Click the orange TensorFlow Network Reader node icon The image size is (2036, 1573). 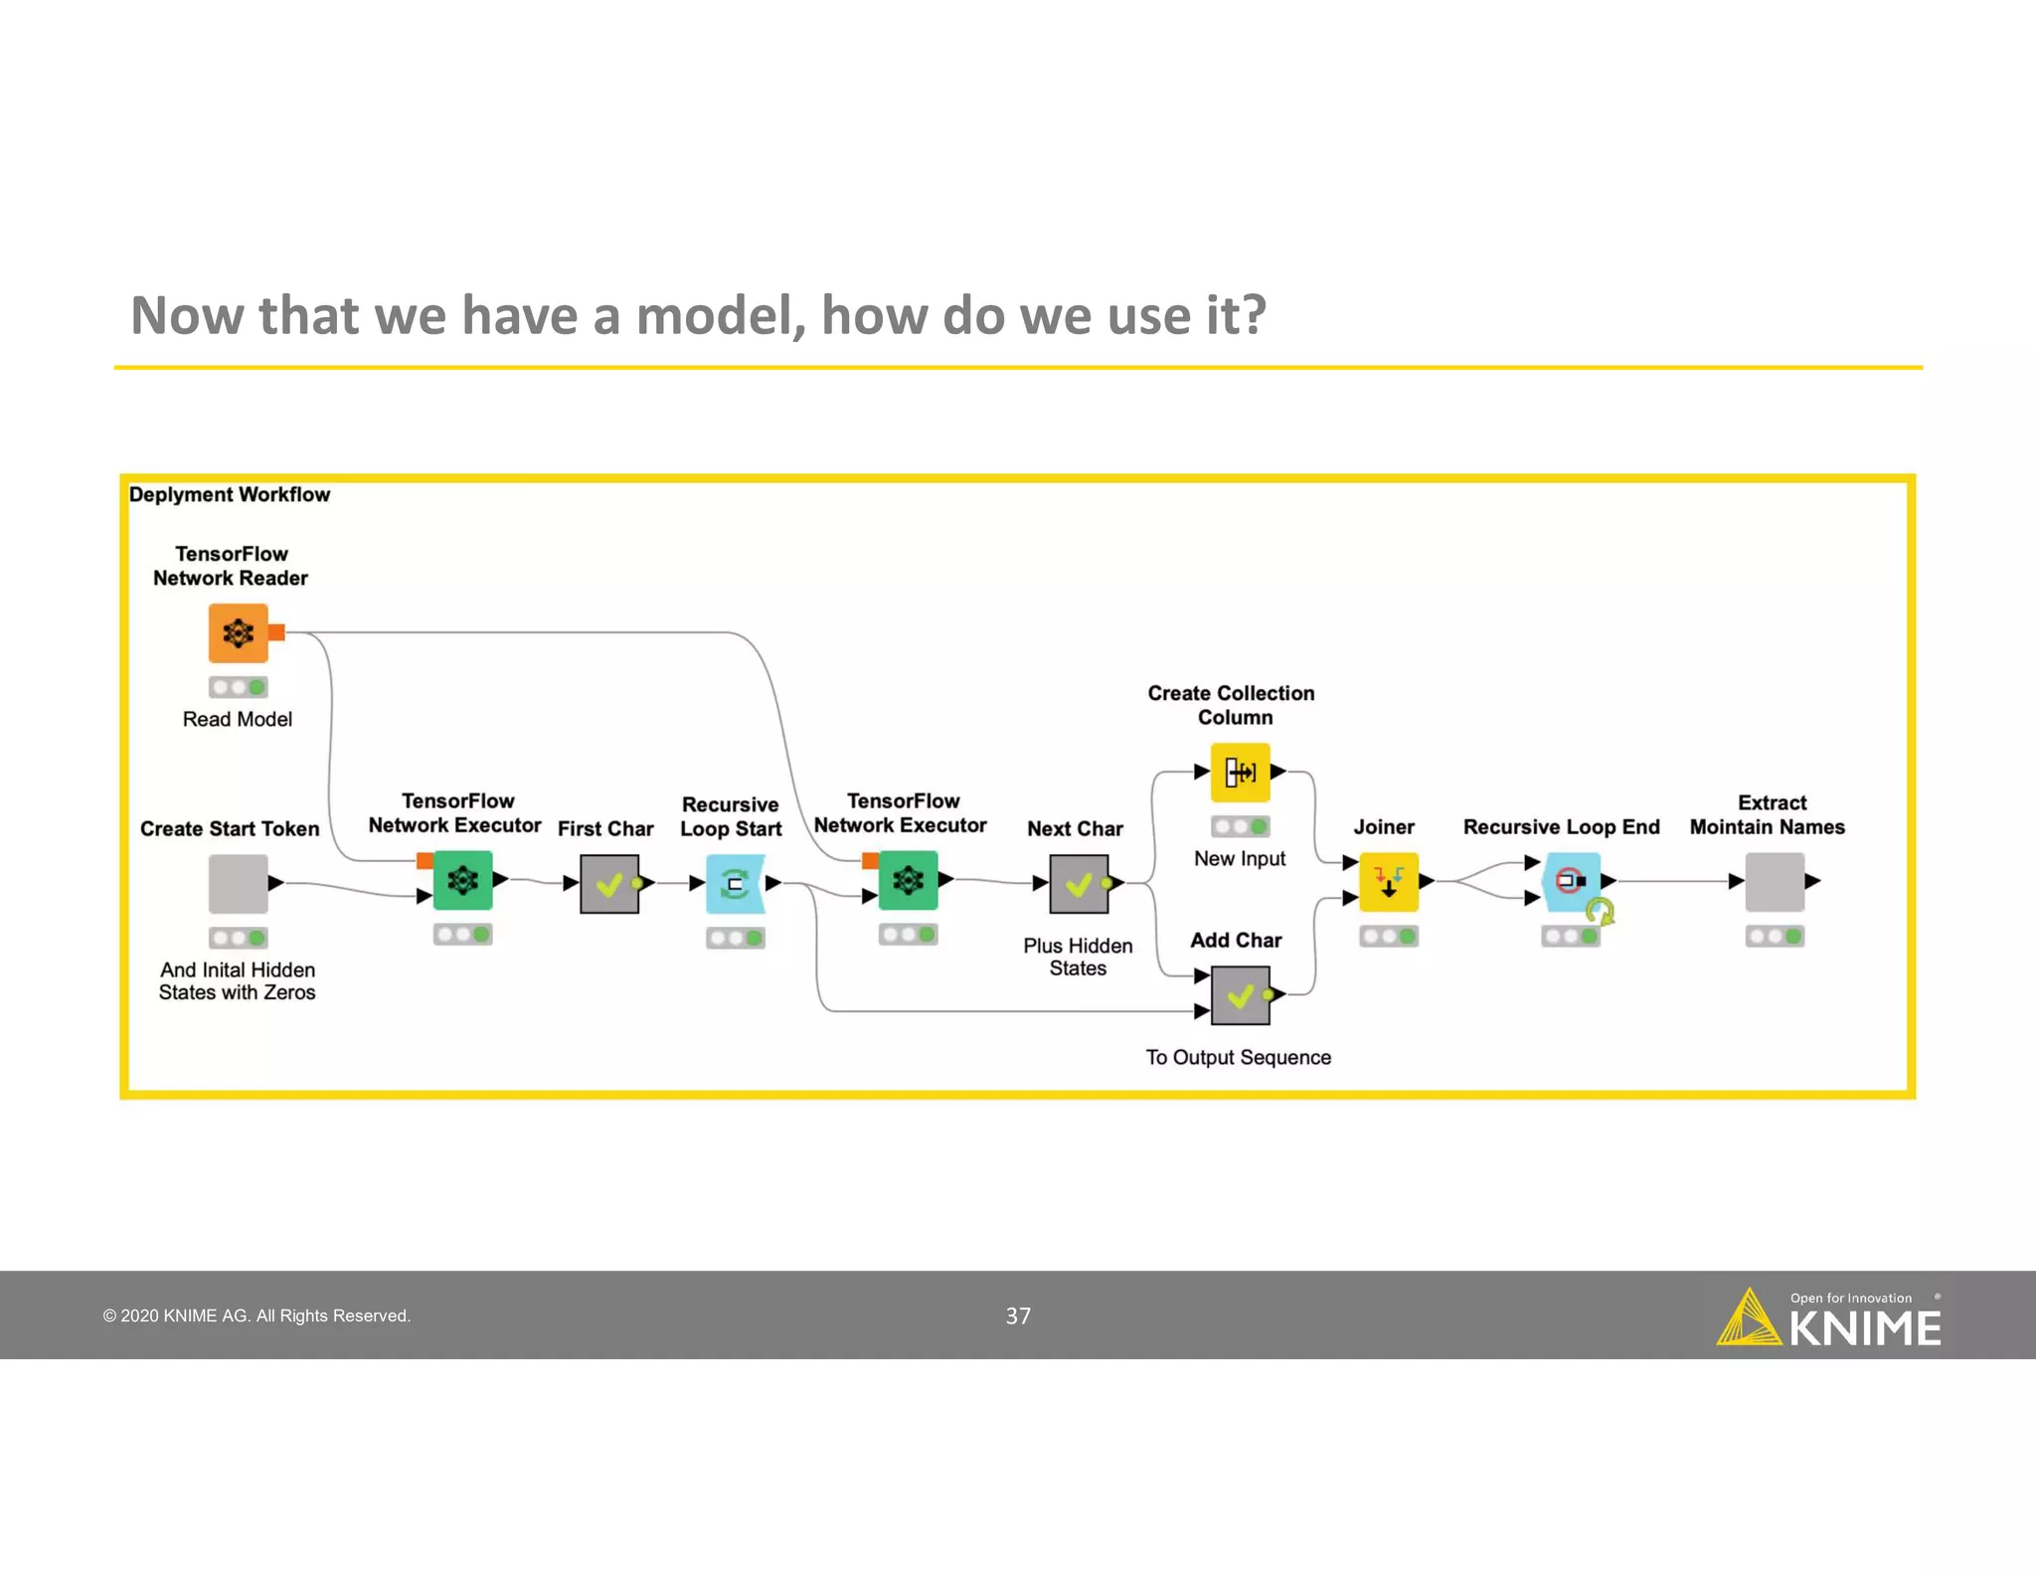(x=239, y=633)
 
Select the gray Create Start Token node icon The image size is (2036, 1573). (x=239, y=883)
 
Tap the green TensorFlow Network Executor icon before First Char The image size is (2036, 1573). (x=463, y=880)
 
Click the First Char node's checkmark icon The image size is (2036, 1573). (x=609, y=884)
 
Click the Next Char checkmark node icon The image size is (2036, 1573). (x=1079, y=884)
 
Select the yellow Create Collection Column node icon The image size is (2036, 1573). (x=1240, y=772)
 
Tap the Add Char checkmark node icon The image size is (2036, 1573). (x=1240, y=995)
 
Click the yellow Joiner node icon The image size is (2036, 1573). (x=1388, y=881)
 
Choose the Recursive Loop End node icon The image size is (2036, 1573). (x=1572, y=881)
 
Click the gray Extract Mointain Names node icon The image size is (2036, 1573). (x=1775, y=882)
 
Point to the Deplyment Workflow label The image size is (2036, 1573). (x=230, y=495)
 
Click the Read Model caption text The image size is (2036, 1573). (x=238, y=720)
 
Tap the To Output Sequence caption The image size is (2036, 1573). (x=1238, y=1058)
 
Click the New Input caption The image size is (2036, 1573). (x=1240, y=859)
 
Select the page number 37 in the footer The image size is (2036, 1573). (x=1018, y=1316)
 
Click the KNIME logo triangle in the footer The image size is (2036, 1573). (x=1749, y=1319)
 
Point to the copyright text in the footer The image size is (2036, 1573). (x=256, y=1316)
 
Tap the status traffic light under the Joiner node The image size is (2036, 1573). (x=1388, y=937)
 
